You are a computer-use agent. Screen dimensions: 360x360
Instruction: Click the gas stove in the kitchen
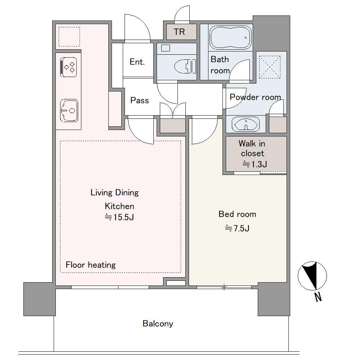[x=68, y=67]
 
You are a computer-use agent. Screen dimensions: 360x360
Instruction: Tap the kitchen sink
[x=69, y=111]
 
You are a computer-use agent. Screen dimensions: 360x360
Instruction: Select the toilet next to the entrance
[x=185, y=66]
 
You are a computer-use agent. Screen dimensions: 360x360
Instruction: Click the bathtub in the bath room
[x=230, y=37]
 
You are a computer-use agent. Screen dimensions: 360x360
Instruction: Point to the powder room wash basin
[x=246, y=124]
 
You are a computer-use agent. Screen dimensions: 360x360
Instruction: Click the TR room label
[x=179, y=32]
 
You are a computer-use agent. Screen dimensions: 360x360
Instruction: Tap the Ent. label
[x=137, y=62]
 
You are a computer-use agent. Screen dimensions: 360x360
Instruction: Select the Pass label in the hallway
[x=140, y=100]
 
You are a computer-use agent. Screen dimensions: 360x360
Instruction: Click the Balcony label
[x=158, y=324]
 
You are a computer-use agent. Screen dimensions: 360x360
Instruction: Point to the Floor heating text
[x=91, y=265]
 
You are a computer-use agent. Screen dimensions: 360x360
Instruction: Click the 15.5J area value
[x=120, y=217]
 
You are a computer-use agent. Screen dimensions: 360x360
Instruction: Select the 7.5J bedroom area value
[x=237, y=228]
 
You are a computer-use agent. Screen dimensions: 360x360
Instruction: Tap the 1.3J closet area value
[x=255, y=164]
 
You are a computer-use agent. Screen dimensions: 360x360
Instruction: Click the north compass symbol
[x=312, y=276]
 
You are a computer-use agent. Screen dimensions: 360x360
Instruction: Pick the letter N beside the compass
[x=318, y=297]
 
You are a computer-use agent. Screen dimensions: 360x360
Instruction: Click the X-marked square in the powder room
[x=270, y=67]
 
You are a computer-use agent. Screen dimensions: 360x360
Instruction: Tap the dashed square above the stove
[x=69, y=37]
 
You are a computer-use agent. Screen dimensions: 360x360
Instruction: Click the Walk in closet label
[x=252, y=148]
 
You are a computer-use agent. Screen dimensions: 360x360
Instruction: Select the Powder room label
[x=255, y=97]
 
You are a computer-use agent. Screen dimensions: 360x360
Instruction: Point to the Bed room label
[x=237, y=214]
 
